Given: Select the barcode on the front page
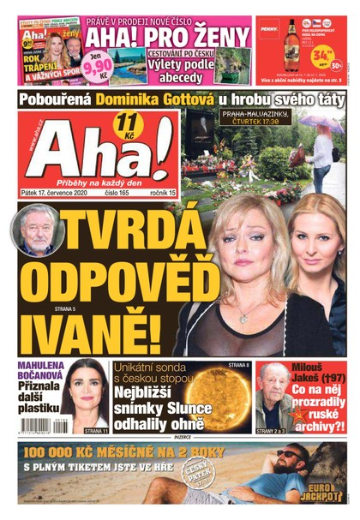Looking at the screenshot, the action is (x=45, y=424).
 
